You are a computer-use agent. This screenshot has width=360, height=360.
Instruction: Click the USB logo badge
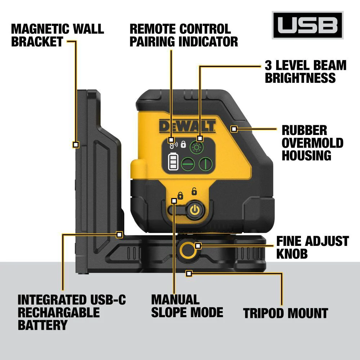[307, 25]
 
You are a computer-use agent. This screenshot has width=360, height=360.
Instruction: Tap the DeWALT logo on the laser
[187, 126]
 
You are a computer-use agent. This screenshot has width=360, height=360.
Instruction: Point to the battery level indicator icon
[173, 162]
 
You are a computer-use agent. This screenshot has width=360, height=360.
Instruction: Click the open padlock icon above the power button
[194, 191]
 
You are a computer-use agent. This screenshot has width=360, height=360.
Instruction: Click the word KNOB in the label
[292, 254]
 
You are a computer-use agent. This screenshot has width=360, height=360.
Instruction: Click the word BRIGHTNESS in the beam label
[300, 78]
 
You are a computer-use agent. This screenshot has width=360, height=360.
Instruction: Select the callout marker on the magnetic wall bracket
[76, 144]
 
